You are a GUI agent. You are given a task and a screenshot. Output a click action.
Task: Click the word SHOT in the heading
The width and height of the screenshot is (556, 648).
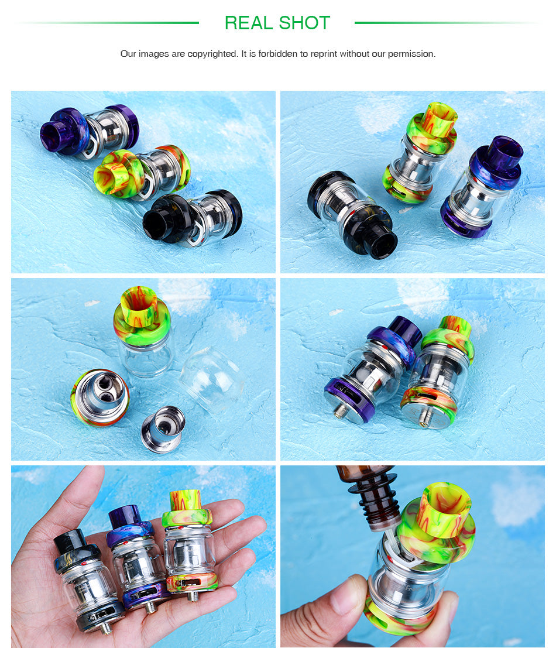[x=304, y=23]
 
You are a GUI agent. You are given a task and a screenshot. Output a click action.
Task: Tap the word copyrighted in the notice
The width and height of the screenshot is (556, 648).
[x=212, y=54]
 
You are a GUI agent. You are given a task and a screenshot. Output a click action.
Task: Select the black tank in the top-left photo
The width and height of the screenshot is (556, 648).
[x=193, y=218]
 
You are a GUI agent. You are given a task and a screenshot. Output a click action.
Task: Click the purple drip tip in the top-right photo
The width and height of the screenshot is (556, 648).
[x=504, y=152]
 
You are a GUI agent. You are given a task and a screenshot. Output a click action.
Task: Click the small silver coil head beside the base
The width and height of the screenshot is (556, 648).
[x=163, y=428]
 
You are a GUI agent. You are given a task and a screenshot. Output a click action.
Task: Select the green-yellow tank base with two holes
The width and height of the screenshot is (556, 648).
[x=100, y=397]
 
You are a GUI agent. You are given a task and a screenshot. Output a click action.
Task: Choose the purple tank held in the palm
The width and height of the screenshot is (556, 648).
[x=137, y=558]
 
